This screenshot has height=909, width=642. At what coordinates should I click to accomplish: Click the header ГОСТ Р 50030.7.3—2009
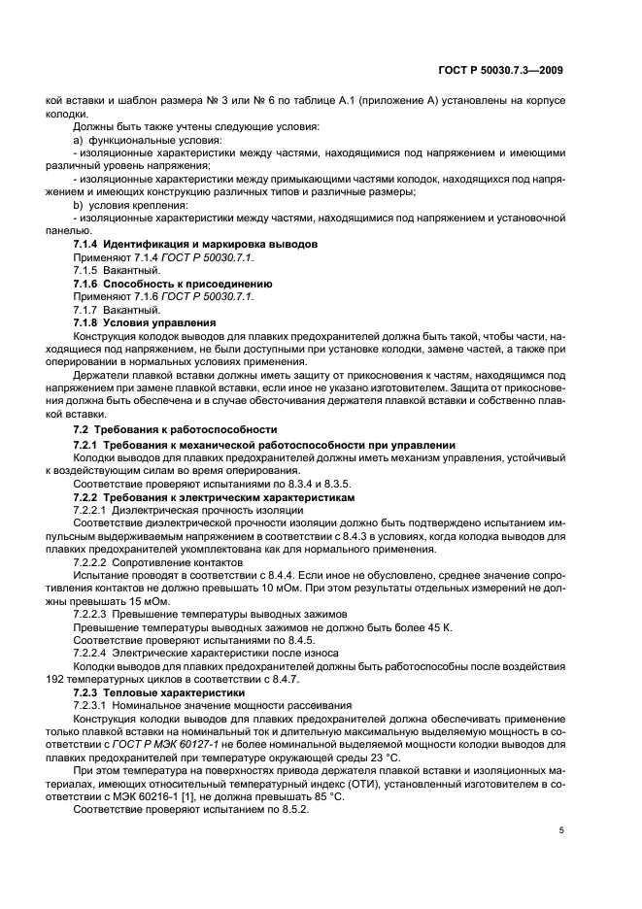(x=497, y=71)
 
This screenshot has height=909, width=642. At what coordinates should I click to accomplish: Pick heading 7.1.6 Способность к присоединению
(x=173, y=283)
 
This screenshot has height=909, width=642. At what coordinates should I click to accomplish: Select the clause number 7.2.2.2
(x=90, y=561)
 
